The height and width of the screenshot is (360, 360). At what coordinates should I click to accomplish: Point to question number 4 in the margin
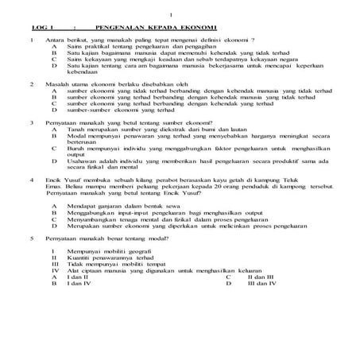coord(31,180)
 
